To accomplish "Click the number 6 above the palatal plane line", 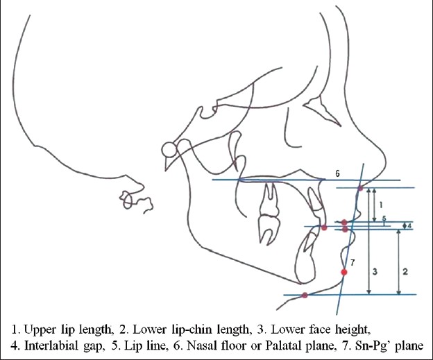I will [338, 175].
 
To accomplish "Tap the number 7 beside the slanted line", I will [353, 262].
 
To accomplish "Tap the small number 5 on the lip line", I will [384, 218].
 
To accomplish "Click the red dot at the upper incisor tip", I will [323, 228].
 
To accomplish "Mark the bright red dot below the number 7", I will [344, 272].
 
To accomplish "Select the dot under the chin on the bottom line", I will [305, 295].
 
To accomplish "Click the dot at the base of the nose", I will [359, 188].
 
